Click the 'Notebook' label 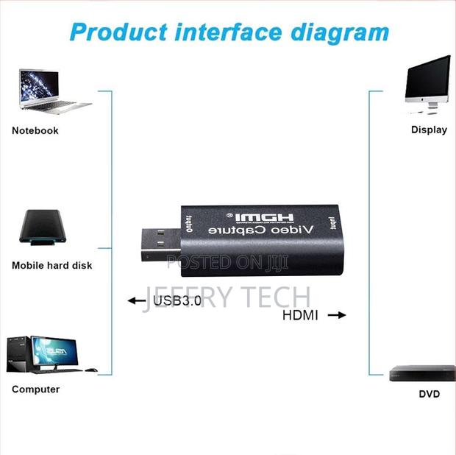click(x=35, y=130)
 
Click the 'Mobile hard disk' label click(x=52, y=265)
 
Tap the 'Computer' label click(x=35, y=389)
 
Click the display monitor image click(x=427, y=84)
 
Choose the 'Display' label click(x=429, y=130)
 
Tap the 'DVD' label click(x=429, y=394)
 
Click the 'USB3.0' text click(x=176, y=300)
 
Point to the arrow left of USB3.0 click(x=136, y=300)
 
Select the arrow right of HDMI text click(x=336, y=315)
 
